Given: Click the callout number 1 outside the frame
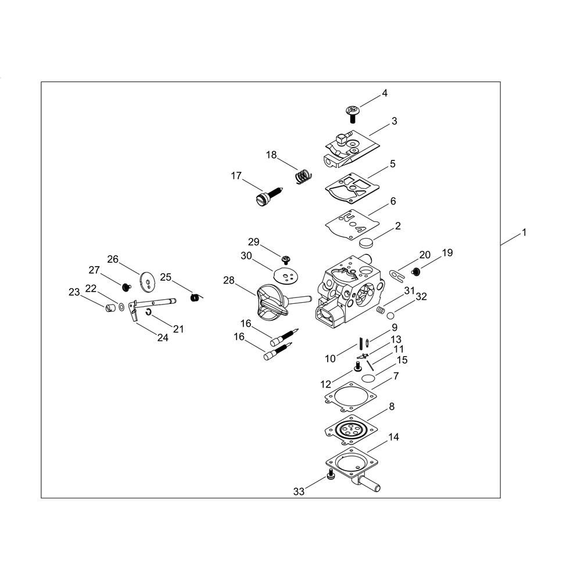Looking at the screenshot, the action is coord(524,232).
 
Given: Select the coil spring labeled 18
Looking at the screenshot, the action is coord(304,176).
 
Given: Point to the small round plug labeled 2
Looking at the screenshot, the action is coord(366,243).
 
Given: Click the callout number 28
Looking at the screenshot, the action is coord(228,280).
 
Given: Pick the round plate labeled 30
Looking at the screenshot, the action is coord(286,275).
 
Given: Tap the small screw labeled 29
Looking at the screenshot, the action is coord(286,259).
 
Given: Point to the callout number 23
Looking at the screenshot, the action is coord(74,292).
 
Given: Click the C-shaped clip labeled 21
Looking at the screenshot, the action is coord(148,313).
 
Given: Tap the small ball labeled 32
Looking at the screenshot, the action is coord(390,315).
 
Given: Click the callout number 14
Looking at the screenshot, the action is coord(393,437).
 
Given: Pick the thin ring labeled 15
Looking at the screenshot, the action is coord(368,378).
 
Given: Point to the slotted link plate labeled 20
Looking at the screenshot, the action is coord(396,274).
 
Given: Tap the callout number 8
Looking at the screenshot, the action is coord(392,407).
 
